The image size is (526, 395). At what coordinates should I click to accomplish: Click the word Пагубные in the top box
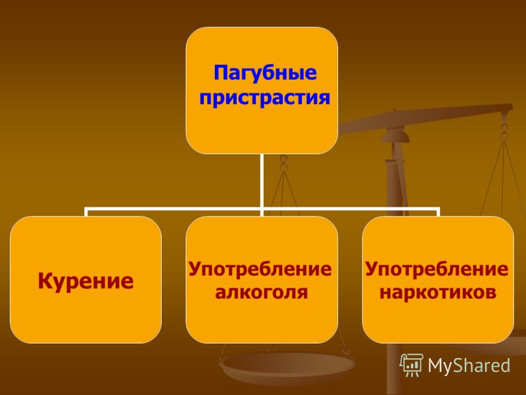point(265,73)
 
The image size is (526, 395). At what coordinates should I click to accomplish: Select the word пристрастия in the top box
point(265,97)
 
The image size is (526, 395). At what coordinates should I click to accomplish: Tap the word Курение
point(85,281)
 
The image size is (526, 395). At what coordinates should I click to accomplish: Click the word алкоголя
point(261,292)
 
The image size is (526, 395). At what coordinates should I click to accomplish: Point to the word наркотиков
point(438,292)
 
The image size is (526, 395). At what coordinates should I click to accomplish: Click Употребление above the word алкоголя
point(260,269)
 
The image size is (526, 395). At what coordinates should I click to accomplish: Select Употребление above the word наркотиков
point(437,269)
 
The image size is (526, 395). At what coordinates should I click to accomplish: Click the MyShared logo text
point(469,365)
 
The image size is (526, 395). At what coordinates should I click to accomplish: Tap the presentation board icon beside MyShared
point(412,365)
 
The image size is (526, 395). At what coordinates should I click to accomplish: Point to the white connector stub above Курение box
point(86,213)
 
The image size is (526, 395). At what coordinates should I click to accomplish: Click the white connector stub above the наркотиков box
point(438,213)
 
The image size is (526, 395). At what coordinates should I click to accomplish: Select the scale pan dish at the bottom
point(287,366)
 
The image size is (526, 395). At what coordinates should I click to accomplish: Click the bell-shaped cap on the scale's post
point(395,136)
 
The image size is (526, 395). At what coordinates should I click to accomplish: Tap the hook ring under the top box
point(283,163)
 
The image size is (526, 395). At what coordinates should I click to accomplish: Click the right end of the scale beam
point(512,107)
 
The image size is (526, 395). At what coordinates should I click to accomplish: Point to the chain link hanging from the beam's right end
point(504,133)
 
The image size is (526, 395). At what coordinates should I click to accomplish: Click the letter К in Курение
point(45,281)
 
